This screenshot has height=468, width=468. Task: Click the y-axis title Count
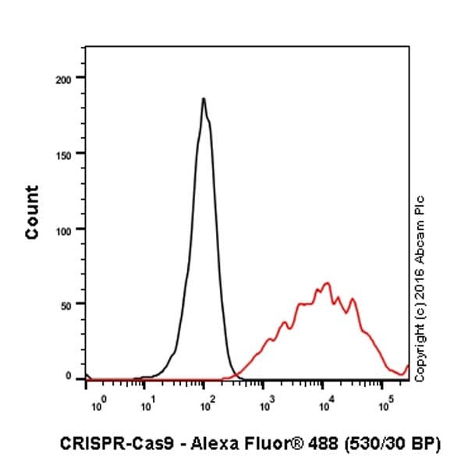click(x=32, y=212)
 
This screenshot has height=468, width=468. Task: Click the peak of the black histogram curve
click(x=203, y=99)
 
